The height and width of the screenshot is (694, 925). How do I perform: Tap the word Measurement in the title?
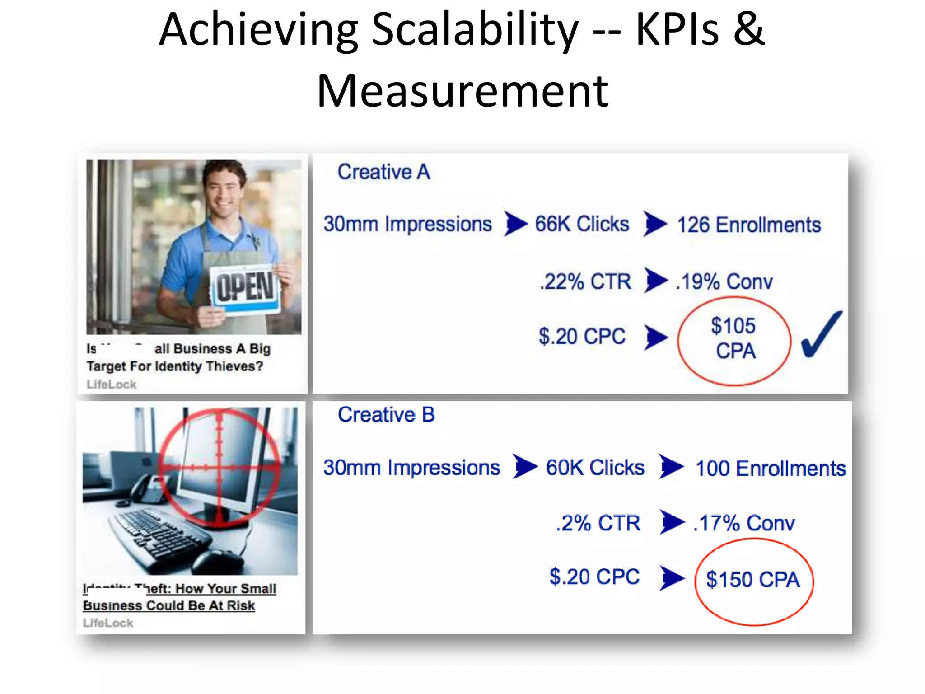point(462,91)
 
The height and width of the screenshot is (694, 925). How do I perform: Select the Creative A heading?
point(384,172)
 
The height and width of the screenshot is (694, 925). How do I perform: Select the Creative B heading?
point(386,415)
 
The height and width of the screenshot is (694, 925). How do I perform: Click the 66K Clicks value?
point(582,224)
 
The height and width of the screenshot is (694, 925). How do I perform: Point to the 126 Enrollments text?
point(749,225)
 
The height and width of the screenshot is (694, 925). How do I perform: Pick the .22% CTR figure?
point(585,281)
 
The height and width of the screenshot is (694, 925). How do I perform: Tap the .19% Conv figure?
point(724,282)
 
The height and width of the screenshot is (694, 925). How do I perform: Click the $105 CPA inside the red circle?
point(734,338)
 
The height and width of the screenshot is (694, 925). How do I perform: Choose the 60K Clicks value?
point(595,468)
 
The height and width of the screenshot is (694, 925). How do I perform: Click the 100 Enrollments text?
point(771,469)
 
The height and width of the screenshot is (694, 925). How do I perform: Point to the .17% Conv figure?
point(744,523)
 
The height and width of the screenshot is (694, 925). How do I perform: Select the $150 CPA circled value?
point(753,580)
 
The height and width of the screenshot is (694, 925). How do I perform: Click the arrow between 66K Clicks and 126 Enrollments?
point(655,224)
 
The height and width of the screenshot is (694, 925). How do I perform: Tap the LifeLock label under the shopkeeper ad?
point(112,385)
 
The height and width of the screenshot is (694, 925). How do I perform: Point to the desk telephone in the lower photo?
point(149,491)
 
